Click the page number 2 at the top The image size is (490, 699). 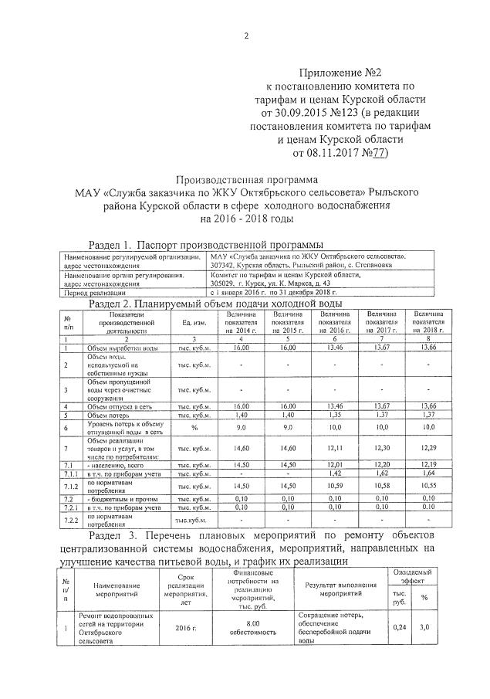[245, 36]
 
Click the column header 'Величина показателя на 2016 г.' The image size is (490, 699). [333, 344]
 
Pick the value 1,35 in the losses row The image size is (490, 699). [333, 416]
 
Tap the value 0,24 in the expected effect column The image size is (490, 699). [400, 628]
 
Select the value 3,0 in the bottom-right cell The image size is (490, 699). [424, 628]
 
